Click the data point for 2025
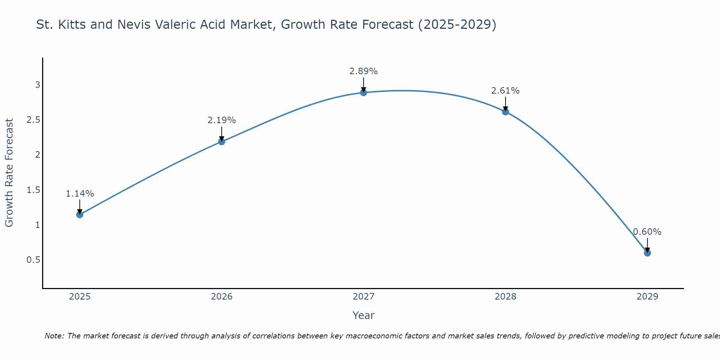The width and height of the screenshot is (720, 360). click(80, 215)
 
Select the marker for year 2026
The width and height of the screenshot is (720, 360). click(222, 141)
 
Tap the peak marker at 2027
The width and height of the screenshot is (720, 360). click(364, 93)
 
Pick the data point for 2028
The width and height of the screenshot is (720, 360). click(505, 112)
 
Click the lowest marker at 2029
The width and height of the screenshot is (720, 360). click(647, 253)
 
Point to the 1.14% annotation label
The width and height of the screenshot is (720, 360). click(80, 194)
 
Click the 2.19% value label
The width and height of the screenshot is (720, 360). click(222, 120)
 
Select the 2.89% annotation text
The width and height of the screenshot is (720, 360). click(364, 71)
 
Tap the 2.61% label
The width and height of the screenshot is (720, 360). click(505, 91)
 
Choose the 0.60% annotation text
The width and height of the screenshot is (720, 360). click(647, 232)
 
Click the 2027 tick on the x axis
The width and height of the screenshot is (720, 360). click(364, 297)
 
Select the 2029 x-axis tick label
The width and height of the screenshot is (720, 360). click(647, 297)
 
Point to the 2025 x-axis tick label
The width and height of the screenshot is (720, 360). click(80, 297)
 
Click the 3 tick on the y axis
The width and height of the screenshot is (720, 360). click(37, 85)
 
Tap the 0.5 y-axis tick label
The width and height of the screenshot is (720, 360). click(33, 260)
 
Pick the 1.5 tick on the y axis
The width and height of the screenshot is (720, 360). click(33, 190)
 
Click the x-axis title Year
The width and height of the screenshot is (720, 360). click(364, 315)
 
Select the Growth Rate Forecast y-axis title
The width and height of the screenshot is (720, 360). click(9, 173)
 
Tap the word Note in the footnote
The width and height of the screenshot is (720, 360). click(54, 336)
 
